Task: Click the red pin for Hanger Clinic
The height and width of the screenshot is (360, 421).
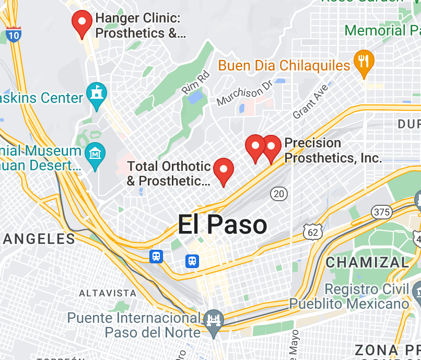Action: pyautogui.click(x=81, y=22)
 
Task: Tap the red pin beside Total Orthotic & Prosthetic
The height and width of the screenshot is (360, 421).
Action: pyautogui.click(x=224, y=170)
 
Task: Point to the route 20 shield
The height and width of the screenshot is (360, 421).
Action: pyautogui.click(x=279, y=194)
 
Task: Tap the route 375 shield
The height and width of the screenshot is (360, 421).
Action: pyautogui.click(x=382, y=212)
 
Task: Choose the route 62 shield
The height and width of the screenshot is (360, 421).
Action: pyautogui.click(x=313, y=232)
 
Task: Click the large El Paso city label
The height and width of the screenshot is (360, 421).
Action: pyautogui.click(x=223, y=225)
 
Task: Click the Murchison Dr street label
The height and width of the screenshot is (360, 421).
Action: pyautogui.click(x=244, y=92)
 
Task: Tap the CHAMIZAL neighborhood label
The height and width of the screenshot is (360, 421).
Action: pyautogui.click(x=367, y=262)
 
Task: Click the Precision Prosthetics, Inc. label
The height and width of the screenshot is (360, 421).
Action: pyautogui.click(x=333, y=150)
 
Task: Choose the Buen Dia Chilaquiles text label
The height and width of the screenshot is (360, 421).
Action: pyautogui.click(x=284, y=65)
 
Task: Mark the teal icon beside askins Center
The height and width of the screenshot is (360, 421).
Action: pyautogui.click(x=97, y=94)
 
